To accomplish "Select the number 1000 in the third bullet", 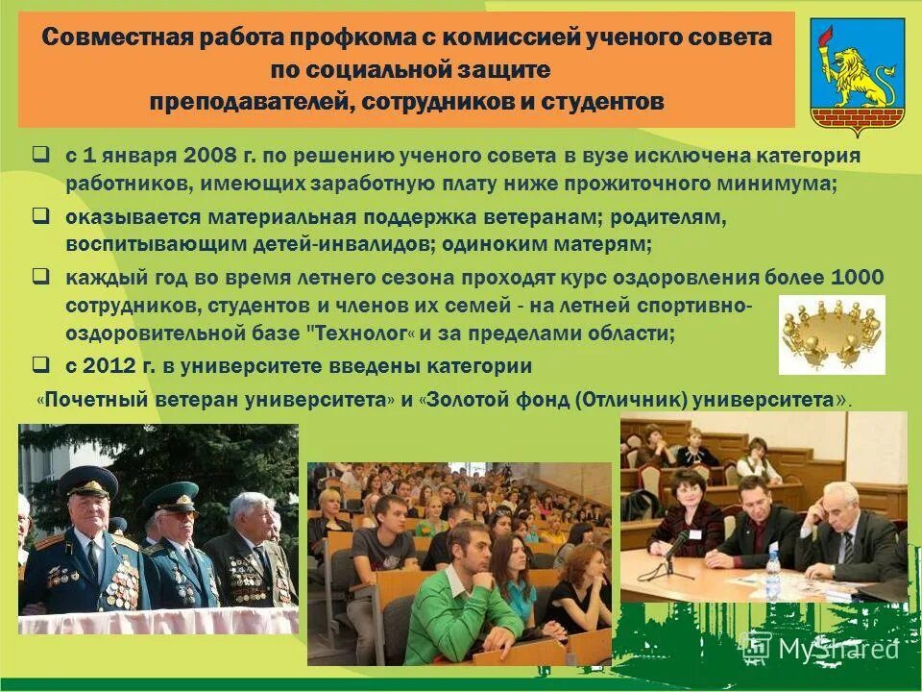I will [857, 279].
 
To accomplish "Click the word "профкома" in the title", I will [357, 39].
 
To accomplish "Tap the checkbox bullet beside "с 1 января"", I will [41, 154].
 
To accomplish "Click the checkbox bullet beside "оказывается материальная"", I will [41, 217].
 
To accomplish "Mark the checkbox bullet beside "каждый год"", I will [41, 277].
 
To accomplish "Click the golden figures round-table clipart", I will [832, 334].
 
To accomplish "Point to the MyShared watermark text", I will [836, 650].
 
